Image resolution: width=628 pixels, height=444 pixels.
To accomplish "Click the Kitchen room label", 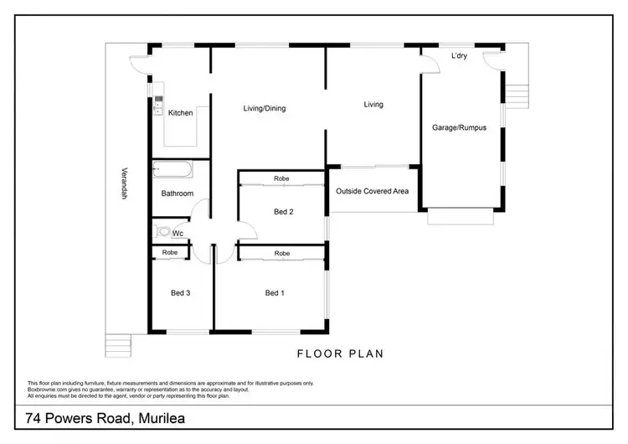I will click(x=180, y=113).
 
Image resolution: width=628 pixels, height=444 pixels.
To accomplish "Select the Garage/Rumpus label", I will click(x=459, y=128).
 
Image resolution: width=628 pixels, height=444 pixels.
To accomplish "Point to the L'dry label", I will click(x=459, y=57).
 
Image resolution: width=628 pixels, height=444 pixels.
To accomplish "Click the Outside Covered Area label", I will click(x=372, y=192).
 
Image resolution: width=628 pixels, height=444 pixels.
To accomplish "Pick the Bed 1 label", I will click(x=274, y=292).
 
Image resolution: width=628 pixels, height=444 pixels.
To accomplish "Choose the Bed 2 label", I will click(x=283, y=212).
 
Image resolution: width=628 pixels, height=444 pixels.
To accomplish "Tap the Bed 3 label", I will click(x=180, y=292).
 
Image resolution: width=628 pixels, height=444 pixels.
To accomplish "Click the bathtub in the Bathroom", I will click(x=173, y=170).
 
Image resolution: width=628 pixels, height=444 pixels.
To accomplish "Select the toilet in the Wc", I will click(x=162, y=232).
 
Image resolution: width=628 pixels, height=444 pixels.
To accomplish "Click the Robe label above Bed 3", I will click(x=170, y=252).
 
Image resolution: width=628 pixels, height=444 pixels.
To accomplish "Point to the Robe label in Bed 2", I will click(x=281, y=178).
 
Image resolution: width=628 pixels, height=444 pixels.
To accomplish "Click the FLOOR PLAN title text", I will click(x=342, y=354).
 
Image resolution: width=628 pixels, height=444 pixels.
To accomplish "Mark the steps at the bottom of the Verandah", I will click(x=119, y=344).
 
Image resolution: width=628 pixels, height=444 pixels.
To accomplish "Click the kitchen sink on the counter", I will click(x=157, y=105).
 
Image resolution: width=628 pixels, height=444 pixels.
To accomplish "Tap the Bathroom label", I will click(x=178, y=194).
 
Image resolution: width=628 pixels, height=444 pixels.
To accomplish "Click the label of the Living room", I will click(x=373, y=105).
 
